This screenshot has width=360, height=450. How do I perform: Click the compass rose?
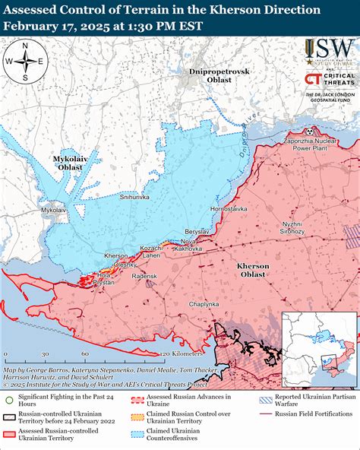tap(25, 62)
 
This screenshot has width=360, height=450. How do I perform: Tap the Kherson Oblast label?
tap(252, 269)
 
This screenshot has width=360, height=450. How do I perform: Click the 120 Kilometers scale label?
tap(176, 354)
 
